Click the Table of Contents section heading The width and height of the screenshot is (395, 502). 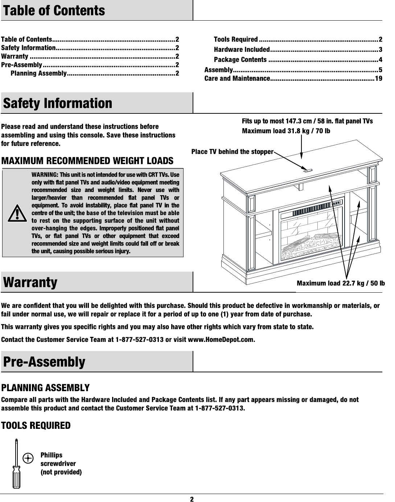54,11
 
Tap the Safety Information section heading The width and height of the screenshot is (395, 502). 58,103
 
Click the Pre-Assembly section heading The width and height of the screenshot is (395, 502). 44,362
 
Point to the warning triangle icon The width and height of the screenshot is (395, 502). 17,213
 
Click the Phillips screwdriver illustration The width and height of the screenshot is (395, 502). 16,464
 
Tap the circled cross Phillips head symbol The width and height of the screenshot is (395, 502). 28,458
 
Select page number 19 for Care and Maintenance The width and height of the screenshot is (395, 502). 378,79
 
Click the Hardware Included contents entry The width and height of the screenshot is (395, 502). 242,50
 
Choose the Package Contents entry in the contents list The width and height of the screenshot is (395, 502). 240,60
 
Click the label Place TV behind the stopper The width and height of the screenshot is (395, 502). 232,152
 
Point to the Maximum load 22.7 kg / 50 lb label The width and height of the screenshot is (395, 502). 341,283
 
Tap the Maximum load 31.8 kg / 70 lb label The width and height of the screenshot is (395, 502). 286,131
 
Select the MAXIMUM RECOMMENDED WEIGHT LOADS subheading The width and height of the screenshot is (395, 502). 87,161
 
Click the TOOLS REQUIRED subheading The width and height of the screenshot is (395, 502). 36,426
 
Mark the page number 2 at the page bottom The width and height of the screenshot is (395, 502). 192,499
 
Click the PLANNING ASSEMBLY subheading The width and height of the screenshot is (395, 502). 45,388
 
